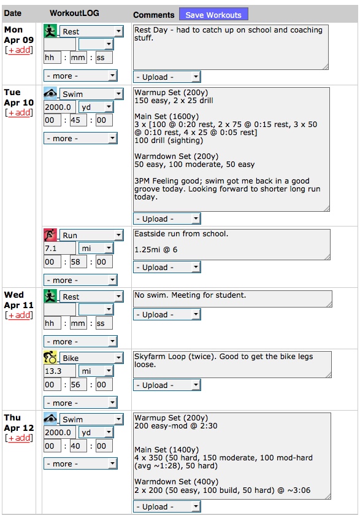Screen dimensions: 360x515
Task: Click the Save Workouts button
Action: tap(213, 15)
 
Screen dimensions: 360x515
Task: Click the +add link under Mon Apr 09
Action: tap(19, 50)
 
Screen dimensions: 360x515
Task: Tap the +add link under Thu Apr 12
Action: tap(19, 438)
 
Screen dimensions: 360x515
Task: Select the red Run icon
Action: tap(50, 235)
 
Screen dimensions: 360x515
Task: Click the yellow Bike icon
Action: tap(50, 357)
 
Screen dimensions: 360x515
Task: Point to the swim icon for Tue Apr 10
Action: tap(50, 93)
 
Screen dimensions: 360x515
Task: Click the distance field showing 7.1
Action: tap(59, 249)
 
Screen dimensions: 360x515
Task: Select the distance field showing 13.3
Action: tap(59, 371)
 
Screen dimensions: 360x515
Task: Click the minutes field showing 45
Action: tap(78, 120)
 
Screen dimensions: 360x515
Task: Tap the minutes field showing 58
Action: tap(78, 261)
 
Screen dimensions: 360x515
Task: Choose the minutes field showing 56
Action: tap(78, 385)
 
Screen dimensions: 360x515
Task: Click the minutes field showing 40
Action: tap(78, 446)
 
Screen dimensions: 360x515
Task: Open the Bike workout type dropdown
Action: tap(91, 358)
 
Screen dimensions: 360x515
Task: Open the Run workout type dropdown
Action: tap(91, 236)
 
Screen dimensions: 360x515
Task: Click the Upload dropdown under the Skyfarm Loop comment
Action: tap(167, 385)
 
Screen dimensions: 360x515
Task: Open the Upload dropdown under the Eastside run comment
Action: tap(167, 268)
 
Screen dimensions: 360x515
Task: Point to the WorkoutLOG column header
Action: tap(74, 13)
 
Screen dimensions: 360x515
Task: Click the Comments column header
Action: tap(153, 15)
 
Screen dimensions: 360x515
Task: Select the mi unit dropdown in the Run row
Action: tap(96, 249)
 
